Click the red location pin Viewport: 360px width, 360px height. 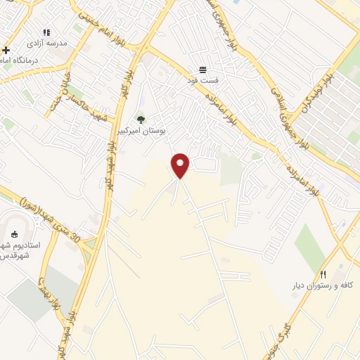(181, 165)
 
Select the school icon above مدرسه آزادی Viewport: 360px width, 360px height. (46, 32)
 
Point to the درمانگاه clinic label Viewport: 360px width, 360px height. (16, 61)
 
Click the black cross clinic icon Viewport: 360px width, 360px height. (6, 50)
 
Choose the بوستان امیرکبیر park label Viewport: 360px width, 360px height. (141, 131)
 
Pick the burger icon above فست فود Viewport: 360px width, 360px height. (202, 69)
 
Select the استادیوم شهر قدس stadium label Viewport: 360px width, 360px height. (19, 250)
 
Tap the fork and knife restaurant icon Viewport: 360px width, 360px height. (323, 274)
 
